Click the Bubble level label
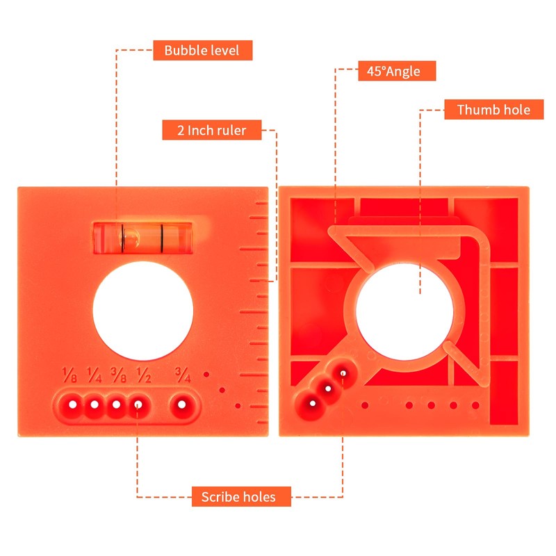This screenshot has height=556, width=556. (202, 50)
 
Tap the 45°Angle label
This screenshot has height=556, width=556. (397, 71)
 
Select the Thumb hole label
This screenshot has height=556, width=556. (493, 110)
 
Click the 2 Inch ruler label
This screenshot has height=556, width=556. (212, 130)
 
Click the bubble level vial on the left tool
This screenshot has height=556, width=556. (143, 238)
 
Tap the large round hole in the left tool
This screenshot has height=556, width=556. (143, 311)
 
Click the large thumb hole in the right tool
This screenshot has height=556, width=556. (404, 312)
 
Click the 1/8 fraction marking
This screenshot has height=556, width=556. (69, 375)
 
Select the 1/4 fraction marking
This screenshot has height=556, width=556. (94, 375)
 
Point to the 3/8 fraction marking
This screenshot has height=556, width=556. (118, 375)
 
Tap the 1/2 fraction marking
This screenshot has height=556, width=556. (144, 375)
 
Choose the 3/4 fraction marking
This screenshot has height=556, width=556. (183, 375)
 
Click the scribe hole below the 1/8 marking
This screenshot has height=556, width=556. (73, 404)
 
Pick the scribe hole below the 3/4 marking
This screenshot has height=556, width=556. (182, 404)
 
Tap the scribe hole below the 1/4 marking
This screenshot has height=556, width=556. (95, 404)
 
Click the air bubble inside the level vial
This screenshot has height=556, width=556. (131, 237)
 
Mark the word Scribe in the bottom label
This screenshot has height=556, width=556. (220, 497)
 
